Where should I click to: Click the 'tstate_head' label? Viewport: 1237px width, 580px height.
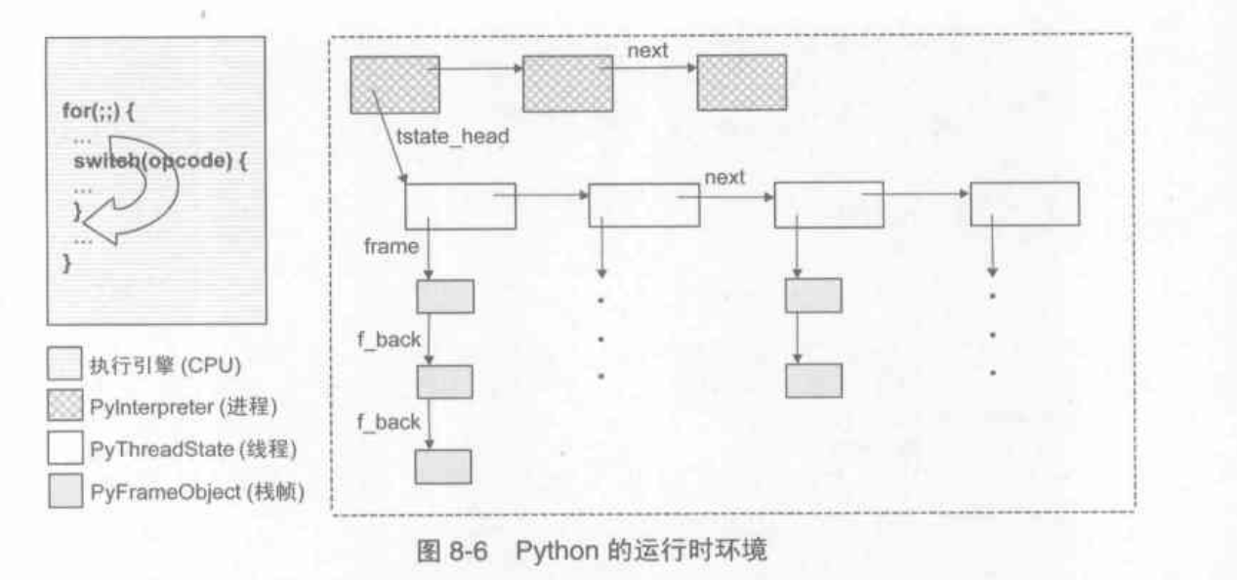453,138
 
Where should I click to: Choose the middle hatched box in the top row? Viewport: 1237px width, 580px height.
567,82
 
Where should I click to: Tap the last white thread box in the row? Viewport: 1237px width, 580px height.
1024,204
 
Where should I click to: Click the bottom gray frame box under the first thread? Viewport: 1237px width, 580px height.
443,467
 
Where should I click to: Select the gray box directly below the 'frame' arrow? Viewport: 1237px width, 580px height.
444,295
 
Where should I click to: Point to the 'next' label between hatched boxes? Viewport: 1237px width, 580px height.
646,51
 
